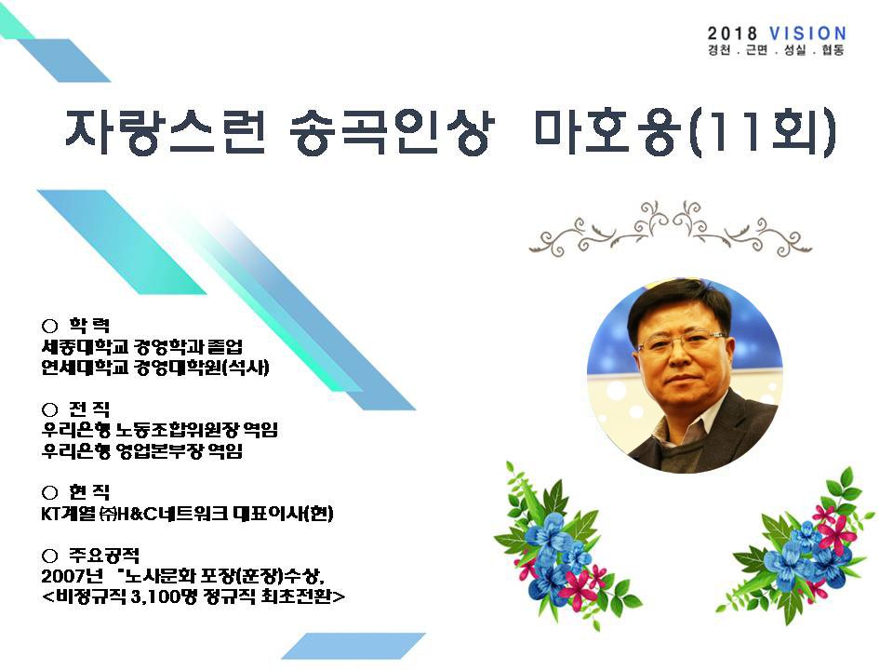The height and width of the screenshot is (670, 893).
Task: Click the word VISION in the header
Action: pyautogui.click(x=807, y=33)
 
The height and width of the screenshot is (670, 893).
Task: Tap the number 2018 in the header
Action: pyautogui.click(x=732, y=33)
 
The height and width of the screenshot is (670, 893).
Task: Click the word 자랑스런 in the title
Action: pyautogui.click(x=166, y=131)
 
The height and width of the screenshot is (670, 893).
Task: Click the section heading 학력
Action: pyautogui.click(x=89, y=326)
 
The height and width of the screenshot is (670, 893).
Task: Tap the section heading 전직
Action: pyautogui.click(x=89, y=409)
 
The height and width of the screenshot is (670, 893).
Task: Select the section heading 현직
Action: pyautogui.click(x=89, y=492)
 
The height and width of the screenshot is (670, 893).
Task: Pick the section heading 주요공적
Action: pyautogui.click(x=104, y=555)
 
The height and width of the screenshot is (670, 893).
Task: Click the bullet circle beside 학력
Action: pyautogui.click(x=50, y=326)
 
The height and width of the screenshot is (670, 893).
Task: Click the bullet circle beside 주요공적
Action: pyautogui.click(x=50, y=556)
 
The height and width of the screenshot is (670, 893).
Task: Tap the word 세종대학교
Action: pyautogui.click(x=85, y=346)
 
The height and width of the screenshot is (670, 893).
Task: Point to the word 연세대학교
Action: pyautogui.click(x=85, y=368)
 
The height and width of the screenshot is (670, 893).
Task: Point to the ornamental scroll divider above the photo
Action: pyautogui.click(x=671, y=229)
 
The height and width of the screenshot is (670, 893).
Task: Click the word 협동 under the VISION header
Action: pyautogui.click(x=833, y=50)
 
